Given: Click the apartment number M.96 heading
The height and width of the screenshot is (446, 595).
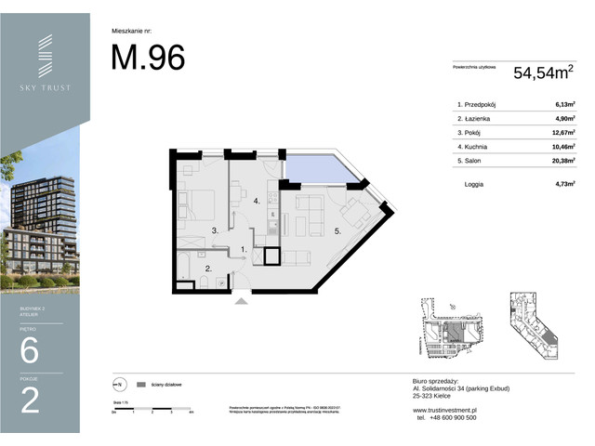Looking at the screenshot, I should pos(148,58).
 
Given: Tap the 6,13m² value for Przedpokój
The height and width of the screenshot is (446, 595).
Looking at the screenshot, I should pos(562,105).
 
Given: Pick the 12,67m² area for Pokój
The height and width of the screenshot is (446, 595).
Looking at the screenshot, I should pos(561,133).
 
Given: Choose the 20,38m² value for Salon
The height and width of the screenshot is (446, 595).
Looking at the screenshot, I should pos(561,161).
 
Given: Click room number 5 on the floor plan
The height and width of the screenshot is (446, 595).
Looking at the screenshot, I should pos(337,230).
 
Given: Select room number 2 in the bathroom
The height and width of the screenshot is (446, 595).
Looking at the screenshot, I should pos(209,269).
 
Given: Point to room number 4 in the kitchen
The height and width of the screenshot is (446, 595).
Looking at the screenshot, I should pos(256,201).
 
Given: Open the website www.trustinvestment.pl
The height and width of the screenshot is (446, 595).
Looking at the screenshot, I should pos(444,409).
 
